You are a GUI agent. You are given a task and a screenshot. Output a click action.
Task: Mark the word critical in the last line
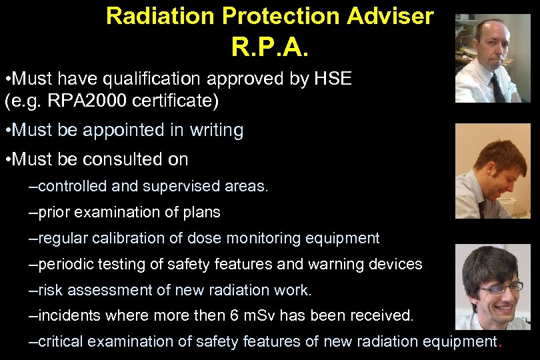[61, 342]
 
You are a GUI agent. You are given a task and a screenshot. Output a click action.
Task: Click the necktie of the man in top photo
[497, 87]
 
